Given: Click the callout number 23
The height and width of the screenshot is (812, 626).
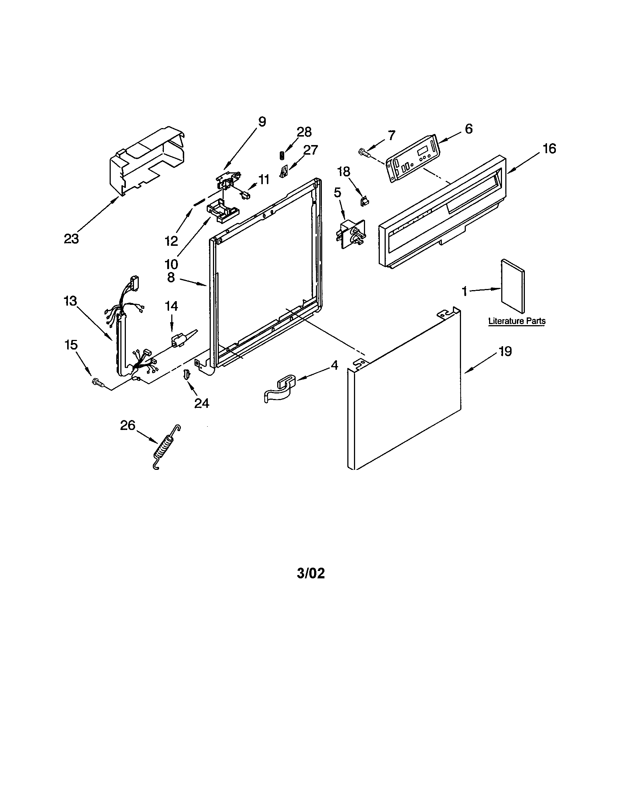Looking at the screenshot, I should point(71,239).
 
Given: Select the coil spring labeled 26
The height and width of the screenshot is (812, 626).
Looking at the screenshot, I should point(166,447).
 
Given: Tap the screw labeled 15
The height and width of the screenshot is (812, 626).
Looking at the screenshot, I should point(98,382).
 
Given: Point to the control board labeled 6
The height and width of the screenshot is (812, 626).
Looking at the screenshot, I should point(413,159).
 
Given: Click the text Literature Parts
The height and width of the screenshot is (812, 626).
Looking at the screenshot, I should point(517,321).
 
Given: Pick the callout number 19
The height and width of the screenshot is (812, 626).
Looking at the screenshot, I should point(505,351).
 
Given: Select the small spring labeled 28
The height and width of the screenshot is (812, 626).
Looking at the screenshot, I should point(282,155).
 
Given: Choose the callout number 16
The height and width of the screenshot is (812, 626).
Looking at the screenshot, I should point(549,149).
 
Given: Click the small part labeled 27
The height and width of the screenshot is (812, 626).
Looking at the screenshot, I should point(284,171).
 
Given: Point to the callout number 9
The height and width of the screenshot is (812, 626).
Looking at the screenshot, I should point(262,122).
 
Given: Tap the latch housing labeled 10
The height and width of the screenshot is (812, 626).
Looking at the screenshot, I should point(222,211).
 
